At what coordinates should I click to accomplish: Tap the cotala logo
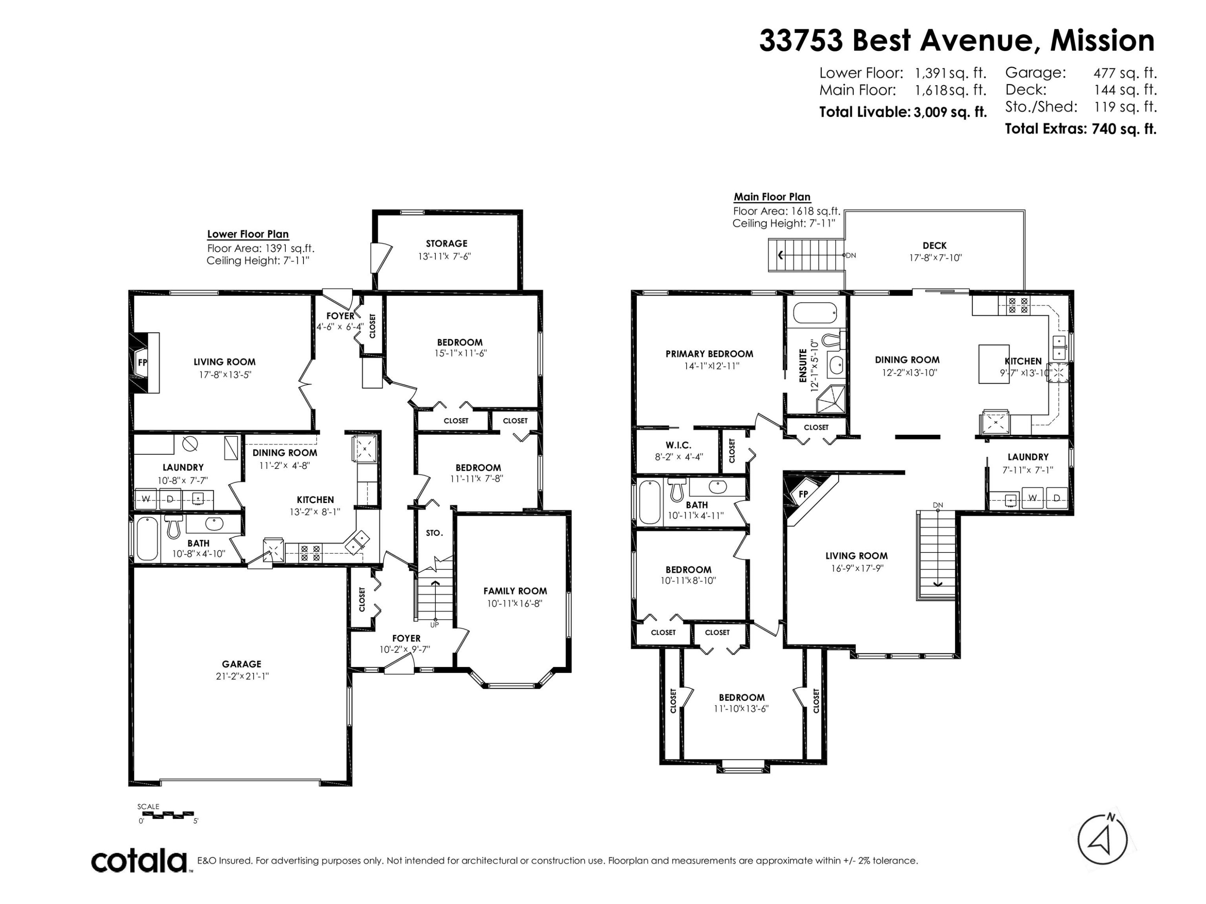click(139, 861)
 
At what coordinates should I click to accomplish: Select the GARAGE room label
click(242, 664)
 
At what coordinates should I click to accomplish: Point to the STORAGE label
click(447, 243)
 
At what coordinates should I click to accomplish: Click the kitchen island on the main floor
click(994, 364)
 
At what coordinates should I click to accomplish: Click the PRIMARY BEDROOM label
click(709, 354)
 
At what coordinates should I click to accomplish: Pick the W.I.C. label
click(678, 445)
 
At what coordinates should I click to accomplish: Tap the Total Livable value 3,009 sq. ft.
click(950, 112)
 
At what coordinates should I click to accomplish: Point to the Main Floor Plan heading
click(772, 197)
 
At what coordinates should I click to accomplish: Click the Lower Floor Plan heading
click(248, 234)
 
